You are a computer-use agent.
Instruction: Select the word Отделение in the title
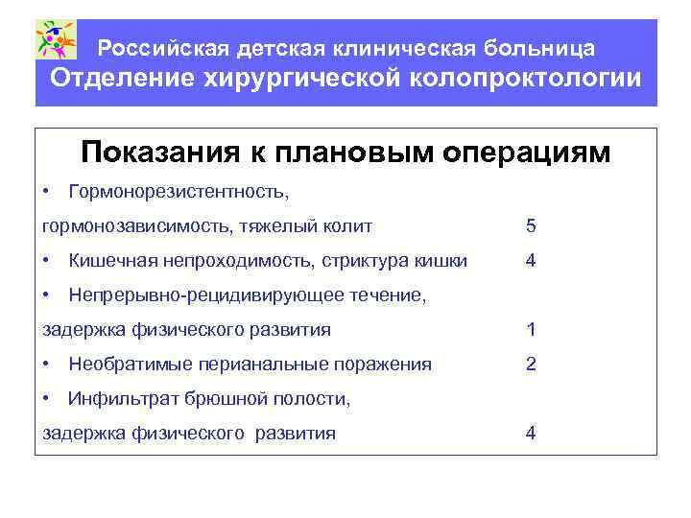coord(120,78)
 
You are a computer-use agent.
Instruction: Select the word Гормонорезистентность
coord(179,192)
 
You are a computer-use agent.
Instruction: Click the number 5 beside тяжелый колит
coord(531,226)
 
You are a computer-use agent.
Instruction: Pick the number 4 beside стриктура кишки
coord(531,261)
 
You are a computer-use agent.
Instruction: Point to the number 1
coord(531,330)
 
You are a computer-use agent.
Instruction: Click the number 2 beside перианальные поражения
coord(531,365)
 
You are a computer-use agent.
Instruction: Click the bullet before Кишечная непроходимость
coord(47,261)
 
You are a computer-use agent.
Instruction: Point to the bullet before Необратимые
coord(47,365)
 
